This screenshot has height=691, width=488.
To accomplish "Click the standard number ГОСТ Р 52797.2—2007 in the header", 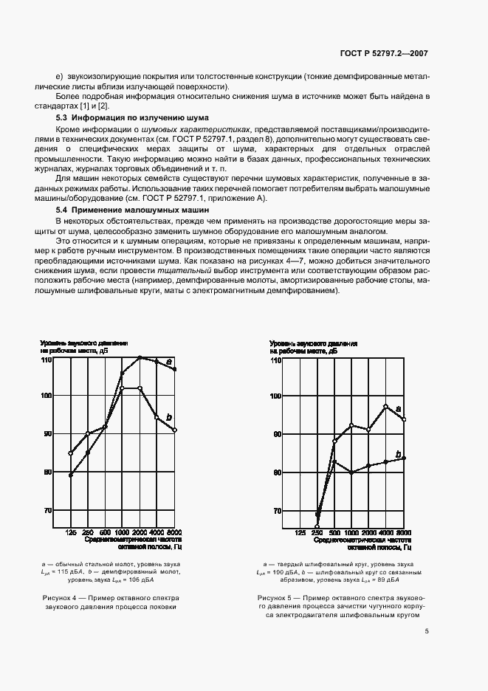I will click(387, 54).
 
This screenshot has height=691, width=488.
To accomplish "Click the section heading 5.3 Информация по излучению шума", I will click(132, 118).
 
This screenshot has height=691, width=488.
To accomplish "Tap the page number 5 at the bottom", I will click(427, 610).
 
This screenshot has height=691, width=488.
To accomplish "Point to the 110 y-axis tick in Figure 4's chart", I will click(46, 360).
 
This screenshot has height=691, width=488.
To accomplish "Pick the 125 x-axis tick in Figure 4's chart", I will click(71, 533).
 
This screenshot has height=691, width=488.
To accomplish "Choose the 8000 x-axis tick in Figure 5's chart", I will click(404, 533).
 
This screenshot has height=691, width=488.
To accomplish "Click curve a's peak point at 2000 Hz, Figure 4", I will click(140, 357).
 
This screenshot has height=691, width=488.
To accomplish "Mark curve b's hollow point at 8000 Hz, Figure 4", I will click(175, 430).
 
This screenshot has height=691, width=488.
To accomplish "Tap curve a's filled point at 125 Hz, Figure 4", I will click(70, 475).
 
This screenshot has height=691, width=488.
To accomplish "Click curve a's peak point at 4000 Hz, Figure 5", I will click(385, 407).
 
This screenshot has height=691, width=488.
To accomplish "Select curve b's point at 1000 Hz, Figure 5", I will click(351, 472).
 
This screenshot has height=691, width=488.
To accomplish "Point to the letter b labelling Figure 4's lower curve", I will click(169, 418).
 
